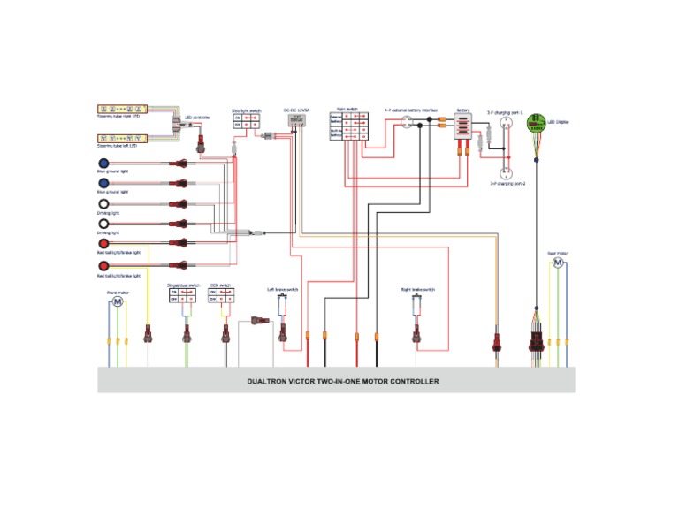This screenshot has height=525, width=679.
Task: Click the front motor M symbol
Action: coord(117,302)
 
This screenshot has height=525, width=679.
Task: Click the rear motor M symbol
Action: coord(558,262)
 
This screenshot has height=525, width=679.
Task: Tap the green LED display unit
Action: coord(538,125)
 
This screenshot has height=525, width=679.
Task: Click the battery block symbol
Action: coord(462,126)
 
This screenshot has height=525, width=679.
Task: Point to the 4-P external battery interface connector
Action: coord(407,123)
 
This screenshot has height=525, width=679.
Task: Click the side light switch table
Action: coord(246,122)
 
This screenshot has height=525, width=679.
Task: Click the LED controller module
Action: coord(187,125)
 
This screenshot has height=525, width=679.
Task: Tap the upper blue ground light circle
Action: coord(103,164)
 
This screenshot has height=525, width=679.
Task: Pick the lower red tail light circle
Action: coord(103,265)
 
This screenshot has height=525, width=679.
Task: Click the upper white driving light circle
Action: coord(103,203)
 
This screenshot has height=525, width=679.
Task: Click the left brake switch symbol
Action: coord(282,305)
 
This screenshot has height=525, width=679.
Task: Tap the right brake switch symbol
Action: coord(416,305)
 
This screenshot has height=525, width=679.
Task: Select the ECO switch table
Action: coord(221,297)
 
